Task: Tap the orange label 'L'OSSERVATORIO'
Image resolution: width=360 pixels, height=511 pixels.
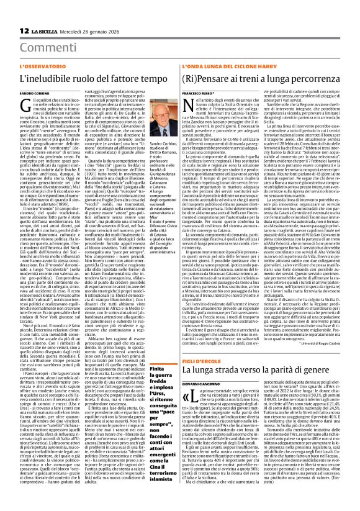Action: pos(37,66)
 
